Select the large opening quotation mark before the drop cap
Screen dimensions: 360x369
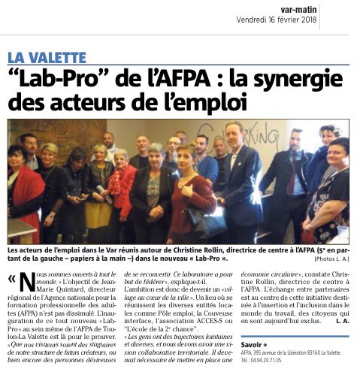point(11,280)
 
